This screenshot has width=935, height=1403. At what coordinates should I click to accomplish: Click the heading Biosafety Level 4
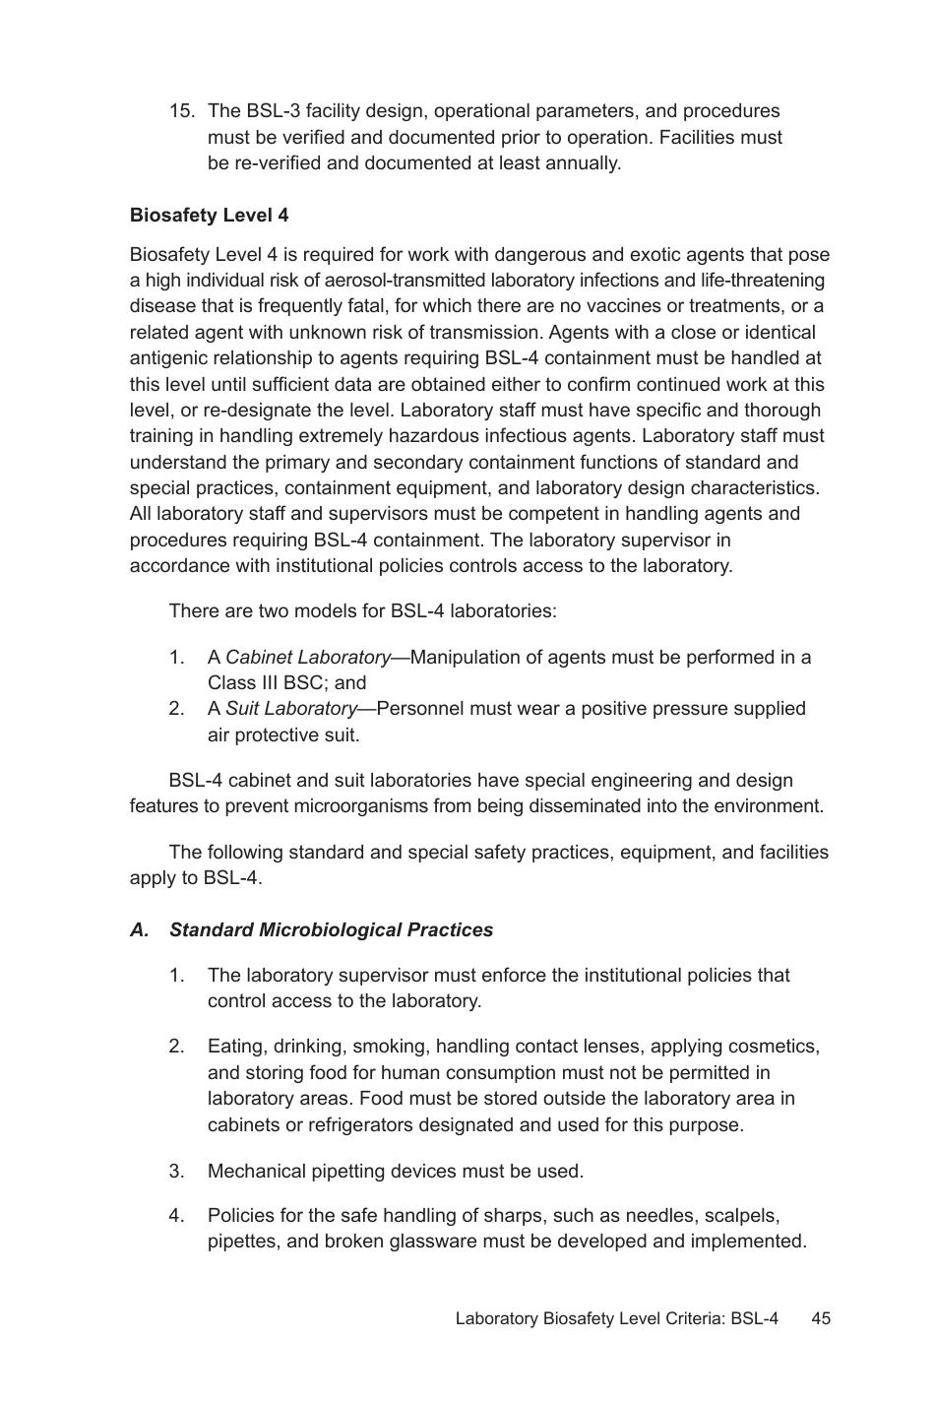[209, 216]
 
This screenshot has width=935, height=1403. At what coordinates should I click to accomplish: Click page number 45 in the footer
[821, 1318]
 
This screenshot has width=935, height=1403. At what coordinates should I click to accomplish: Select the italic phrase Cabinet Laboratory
[307, 658]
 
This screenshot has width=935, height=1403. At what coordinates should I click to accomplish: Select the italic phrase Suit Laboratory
[290, 709]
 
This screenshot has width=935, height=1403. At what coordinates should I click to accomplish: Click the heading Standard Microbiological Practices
[331, 930]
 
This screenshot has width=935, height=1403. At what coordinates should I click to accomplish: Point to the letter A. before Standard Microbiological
[140, 930]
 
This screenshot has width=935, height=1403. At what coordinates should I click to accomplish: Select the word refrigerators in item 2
[345, 1124]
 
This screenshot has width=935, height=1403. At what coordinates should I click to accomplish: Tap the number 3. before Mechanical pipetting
[177, 1172]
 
